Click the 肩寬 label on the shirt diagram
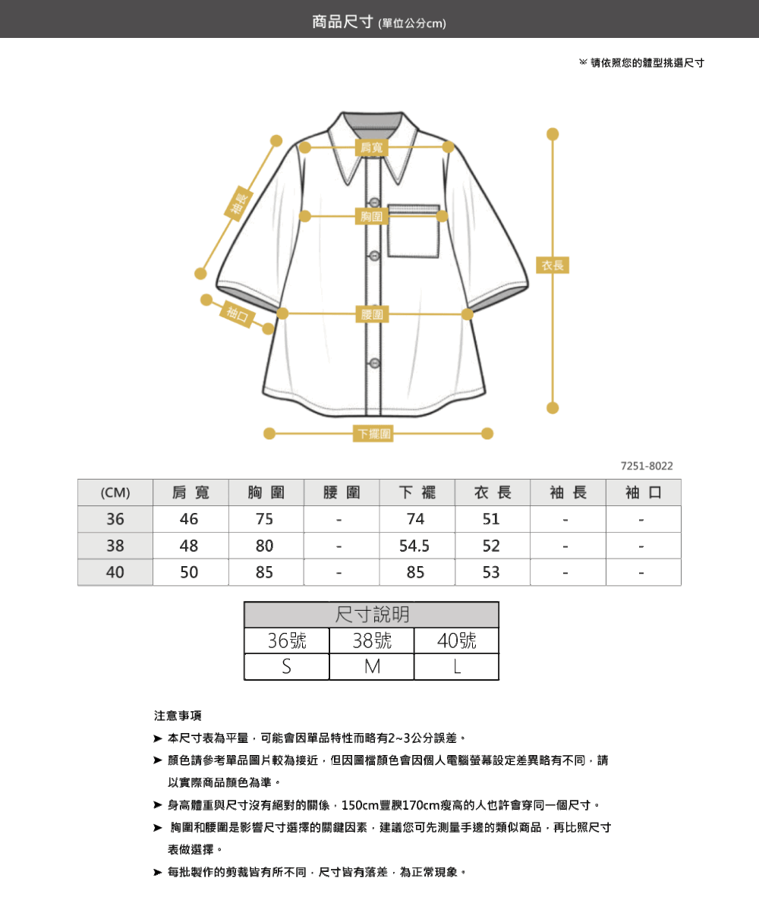click(x=371, y=148)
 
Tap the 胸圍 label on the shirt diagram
click(x=371, y=216)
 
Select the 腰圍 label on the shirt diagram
click(x=372, y=314)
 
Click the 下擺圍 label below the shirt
click(x=373, y=433)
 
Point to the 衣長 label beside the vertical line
click(x=553, y=265)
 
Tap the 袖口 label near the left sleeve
click(x=238, y=314)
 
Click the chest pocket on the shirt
click(x=413, y=231)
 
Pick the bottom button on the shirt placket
click(x=375, y=363)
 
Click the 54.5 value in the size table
click(x=414, y=546)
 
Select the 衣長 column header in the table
click(x=493, y=492)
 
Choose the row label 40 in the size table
click(x=115, y=572)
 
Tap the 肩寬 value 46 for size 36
click(x=189, y=519)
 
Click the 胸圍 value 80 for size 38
click(x=265, y=546)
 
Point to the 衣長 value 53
click(x=491, y=572)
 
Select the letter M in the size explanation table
click(x=372, y=667)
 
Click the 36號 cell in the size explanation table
click(x=287, y=640)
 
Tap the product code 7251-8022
click(x=647, y=466)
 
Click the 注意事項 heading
click(x=178, y=716)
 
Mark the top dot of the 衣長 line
click(x=553, y=134)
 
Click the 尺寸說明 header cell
click(x=372, y=615)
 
